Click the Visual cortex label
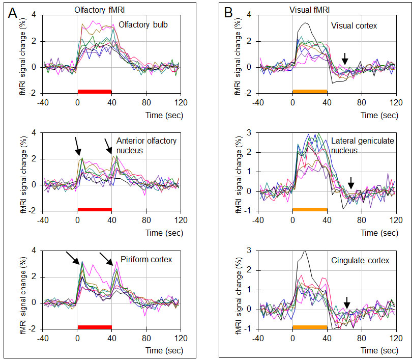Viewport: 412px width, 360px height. click(354, 25)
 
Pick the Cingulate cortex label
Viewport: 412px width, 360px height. click(360, 261)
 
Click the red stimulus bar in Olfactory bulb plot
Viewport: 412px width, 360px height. click(95, 91)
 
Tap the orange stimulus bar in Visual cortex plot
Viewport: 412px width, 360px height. click(309, 91)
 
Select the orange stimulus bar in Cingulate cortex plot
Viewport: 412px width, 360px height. click(309, 326)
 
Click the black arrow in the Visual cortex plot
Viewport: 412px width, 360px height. click(345, 58)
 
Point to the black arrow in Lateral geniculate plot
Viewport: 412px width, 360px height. click(350, 182)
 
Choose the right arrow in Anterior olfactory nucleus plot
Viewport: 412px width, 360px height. click(109, 146)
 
